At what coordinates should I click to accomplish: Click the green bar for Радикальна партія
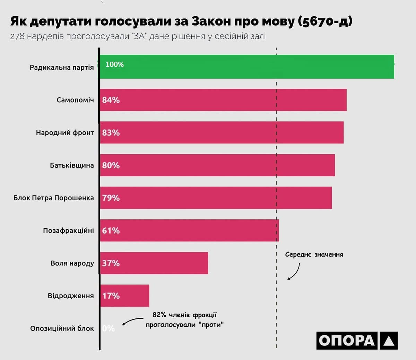pos(246,67)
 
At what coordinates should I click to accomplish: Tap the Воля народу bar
pos(154,263)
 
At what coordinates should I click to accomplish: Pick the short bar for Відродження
pos(125,296)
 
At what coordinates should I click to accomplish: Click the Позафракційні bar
pos(189,230)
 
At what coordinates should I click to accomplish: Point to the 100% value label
pos(114,64)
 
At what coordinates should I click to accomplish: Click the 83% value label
pos(111,133)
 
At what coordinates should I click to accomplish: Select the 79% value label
pos(111,198)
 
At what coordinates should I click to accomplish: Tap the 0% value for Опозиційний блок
pos(109,328)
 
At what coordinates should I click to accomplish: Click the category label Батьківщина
pos(72,165)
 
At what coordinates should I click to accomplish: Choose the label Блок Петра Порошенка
pos(54,198)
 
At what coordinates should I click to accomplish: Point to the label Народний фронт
pos(65,133)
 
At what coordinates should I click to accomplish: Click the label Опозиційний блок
pos(62,328)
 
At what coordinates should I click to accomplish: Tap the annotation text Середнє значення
pos(314,255)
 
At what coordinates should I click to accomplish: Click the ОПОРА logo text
pos(347,341)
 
